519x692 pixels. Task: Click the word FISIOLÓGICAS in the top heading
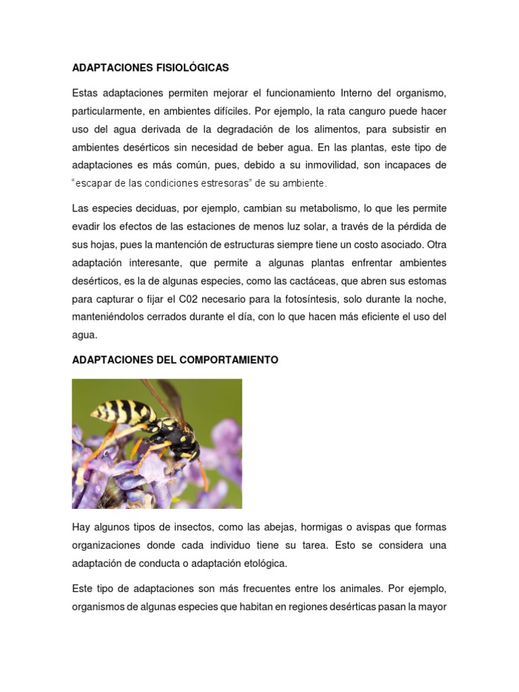tap(191, 68)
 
